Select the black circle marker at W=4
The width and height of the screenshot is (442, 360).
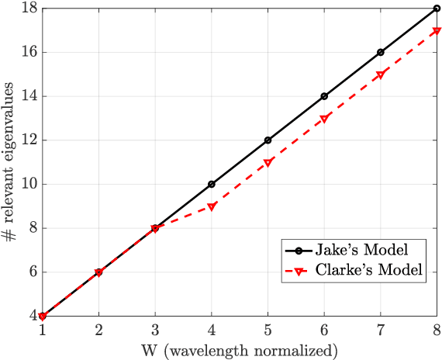[212, 185]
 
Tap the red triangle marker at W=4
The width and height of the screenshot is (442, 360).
[212, 206]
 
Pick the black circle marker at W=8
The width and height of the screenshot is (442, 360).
[437, 9]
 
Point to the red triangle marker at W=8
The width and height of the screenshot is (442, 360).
[437, 31]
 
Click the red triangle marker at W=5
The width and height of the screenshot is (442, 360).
[268, 162]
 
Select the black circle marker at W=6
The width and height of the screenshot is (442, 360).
[324, 96]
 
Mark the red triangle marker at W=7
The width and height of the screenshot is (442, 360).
[381, 74]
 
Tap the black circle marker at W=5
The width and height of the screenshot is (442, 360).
[268, 140]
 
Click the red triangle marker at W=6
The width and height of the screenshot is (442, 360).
[324, 119]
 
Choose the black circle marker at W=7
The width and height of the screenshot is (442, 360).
[381, 53]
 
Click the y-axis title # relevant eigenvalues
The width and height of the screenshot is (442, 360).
[10, 162]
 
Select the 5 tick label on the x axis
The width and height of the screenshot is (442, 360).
[268, 331]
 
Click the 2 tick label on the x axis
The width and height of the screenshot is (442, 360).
[99, 331]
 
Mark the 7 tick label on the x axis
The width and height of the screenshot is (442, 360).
[381, 331]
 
